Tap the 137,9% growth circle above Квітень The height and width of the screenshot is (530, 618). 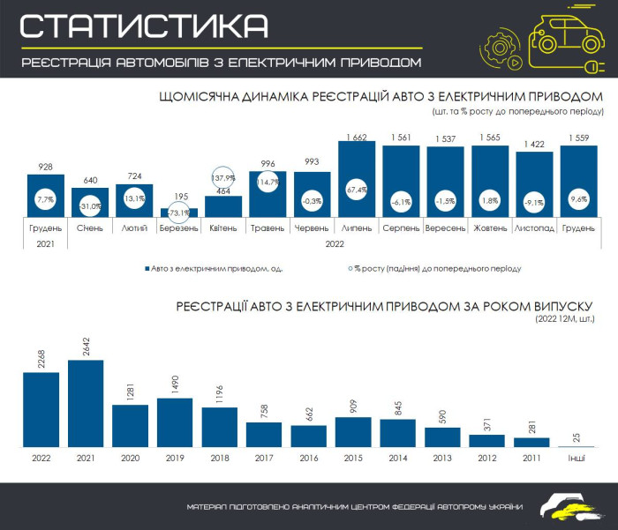click(223, 178)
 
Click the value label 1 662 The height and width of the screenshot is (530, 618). click(358, 137)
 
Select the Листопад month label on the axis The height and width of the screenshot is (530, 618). click(535, 228)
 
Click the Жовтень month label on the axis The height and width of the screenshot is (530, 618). click(490, 228)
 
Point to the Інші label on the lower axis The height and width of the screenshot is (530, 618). click(577, 459)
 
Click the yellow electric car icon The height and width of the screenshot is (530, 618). click(565, 38)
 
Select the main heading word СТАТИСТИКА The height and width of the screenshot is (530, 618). click(144, 26)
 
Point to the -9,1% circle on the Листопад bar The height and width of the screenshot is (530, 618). click(535, 200)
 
